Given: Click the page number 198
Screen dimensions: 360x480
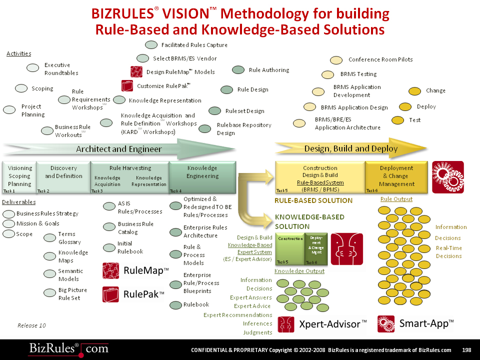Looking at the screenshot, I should (467, 350).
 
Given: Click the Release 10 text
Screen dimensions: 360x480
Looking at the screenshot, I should (31, 325).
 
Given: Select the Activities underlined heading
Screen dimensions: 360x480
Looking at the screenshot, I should (19, 53).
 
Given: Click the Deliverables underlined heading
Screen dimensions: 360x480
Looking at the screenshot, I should (18, 202).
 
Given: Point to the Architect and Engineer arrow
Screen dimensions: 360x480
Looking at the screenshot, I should (119, 149).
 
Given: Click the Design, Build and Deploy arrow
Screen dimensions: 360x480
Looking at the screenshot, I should (350, 148).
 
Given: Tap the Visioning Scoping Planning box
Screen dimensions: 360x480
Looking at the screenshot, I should (19, 176).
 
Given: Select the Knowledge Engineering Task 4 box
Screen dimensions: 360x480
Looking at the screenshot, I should (202, 176).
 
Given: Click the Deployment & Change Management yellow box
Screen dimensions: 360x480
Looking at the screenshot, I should (396, 176).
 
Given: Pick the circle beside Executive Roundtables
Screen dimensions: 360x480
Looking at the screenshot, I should (33, 68).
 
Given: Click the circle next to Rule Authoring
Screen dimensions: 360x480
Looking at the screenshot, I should (238, 70).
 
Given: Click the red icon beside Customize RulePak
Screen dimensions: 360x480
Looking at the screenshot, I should (127, 85).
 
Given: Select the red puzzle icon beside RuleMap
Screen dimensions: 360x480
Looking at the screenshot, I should (110, 270).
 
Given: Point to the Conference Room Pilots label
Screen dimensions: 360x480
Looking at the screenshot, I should (380, 59).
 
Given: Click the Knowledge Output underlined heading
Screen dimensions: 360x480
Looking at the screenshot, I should (299, 271).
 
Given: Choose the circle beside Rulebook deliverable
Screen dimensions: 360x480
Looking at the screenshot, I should (175, 305).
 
